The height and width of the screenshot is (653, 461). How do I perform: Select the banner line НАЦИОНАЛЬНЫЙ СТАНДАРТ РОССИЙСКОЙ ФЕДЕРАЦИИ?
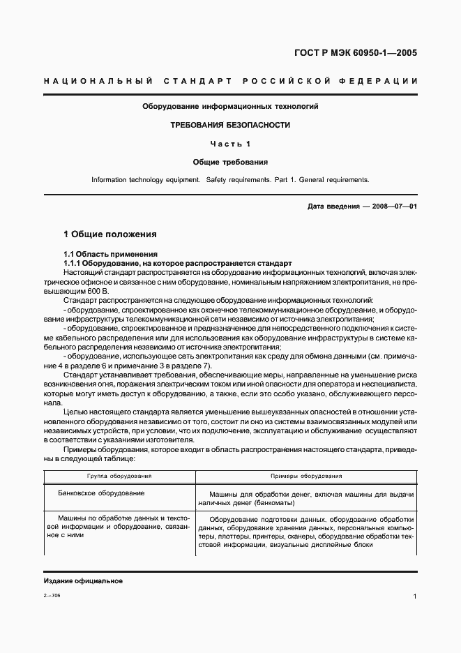(230, 82)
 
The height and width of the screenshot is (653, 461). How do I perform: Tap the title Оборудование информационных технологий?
(230, 107)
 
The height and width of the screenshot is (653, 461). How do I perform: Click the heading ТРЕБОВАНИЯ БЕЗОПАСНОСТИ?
(230, 126)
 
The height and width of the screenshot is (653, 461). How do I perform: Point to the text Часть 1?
(230, 144)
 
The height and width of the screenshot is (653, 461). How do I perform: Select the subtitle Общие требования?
(230, 162)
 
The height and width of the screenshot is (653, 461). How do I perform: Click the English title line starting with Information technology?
(230, 180)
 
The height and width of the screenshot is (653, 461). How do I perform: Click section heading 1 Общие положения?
(109, 234)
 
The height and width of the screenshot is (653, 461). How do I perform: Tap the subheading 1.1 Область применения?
(110, 254)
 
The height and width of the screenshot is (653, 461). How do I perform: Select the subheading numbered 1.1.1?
(73, 263)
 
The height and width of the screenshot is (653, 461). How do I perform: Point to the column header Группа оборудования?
(119, 476)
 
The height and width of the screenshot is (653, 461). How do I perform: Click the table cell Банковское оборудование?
(102, 493)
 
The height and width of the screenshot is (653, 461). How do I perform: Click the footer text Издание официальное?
(73, 580)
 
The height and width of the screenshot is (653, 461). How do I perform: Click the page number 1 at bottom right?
(414, 597)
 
